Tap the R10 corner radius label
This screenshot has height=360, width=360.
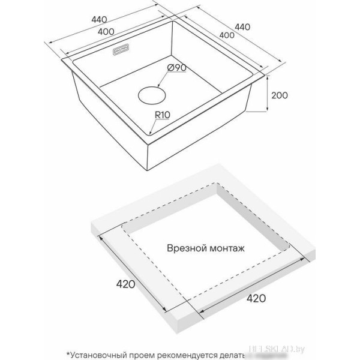click(x=162, y=112)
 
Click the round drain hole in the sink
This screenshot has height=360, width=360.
click(x=151, y=95)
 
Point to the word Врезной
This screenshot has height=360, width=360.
click(x=184, y=247)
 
